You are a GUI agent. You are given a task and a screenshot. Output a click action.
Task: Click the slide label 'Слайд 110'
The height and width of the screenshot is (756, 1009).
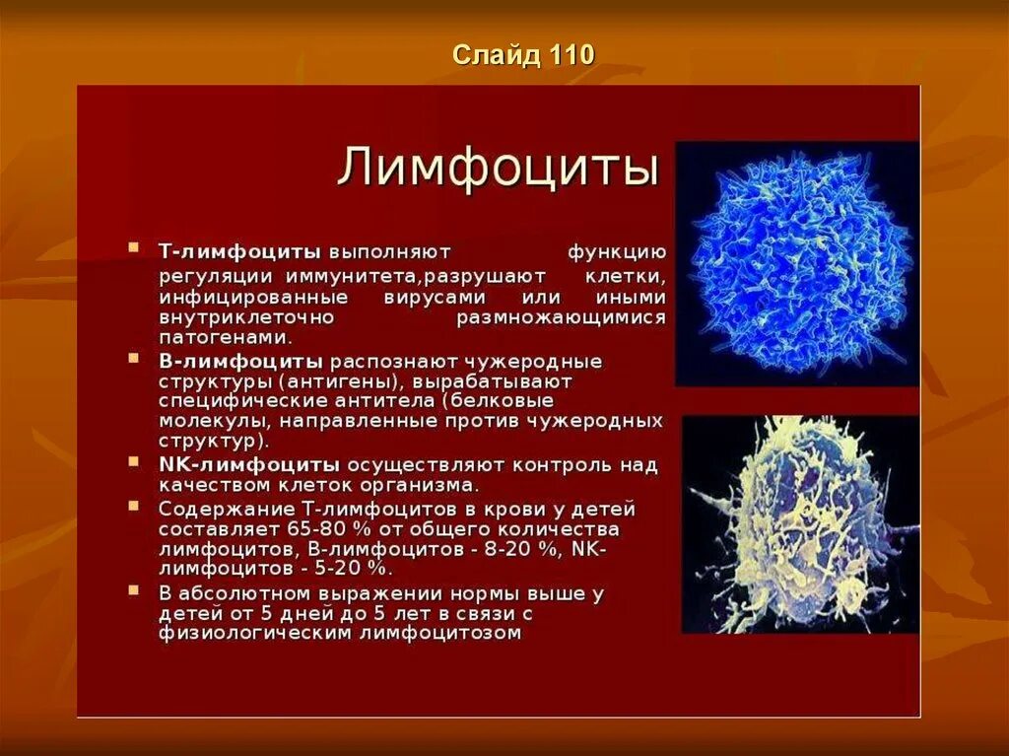click(523, 55)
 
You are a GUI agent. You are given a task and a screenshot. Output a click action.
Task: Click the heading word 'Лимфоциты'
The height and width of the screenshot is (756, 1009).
click(498, 168)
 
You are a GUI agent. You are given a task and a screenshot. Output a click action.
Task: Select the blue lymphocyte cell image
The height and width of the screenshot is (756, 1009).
click(796, 263)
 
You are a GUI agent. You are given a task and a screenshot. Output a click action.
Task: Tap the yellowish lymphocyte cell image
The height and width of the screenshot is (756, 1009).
click(799, 523)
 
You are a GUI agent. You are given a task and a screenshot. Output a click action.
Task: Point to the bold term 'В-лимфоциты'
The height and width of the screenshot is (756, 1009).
click(240, 361)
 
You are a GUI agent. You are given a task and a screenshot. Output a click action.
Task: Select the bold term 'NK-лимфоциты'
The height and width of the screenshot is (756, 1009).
click(249, 464)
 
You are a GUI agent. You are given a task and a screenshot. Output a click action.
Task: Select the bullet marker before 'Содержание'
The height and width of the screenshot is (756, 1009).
click(133, 507)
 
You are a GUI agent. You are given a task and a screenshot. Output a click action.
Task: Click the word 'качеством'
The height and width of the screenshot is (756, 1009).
click(204, 485)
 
